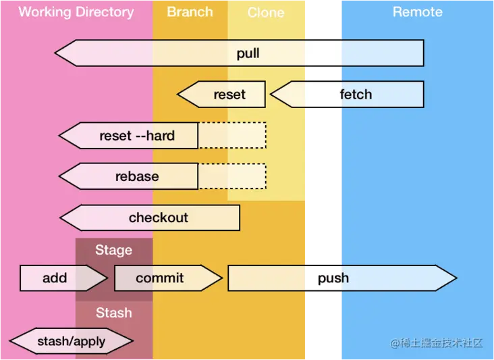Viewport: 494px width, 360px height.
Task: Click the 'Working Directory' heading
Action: pyautogui.click(x=76, y=12)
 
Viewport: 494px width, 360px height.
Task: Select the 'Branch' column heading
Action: pyautogui.click(x=190, y=12)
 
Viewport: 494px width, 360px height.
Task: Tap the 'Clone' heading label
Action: pyautogui.click(x=266, y=13)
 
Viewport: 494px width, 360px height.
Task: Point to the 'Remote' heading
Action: pyautogui.click(x=417, y=12)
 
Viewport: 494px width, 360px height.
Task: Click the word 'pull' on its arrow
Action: pyautogui.click(x=248, y=53)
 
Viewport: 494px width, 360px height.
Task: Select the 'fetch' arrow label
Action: pyautogui.click(x=356, y=95)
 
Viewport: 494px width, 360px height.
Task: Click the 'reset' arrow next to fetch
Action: pyautogui.click(x=229, y=95)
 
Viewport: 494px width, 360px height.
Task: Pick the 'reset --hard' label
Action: pyautogui.click(x=137, y=136)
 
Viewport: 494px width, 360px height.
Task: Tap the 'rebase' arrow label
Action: pyautogui.click(x=137, y=177)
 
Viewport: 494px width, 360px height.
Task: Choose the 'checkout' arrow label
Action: pyautogui.click(x=159, y=218)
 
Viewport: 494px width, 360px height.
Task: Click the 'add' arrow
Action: pyautogui.click(x=55, y=278)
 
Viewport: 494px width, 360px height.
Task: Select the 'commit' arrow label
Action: pyautogui.click(x=160, y=278)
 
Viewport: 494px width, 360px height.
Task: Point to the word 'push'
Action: pyautogui.click(x=333, y=278)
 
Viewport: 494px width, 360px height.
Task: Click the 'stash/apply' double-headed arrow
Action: pyautogui.click(x=71, y=341)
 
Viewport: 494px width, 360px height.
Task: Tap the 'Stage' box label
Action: pyautogui.click(x=113, y=251)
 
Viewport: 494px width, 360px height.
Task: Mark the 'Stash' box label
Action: pyautogui.click(x=113, y=313)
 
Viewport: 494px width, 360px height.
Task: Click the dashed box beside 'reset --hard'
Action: pyautogui.click(x=232, y=136)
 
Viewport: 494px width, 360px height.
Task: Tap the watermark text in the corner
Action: pyautogui.click(x=437, y=343)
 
